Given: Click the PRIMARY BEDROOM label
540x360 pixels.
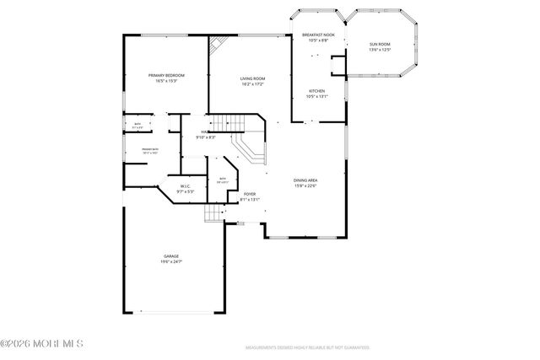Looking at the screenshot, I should pyautogui.click(x=166, y=75).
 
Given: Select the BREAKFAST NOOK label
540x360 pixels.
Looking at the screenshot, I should pyautogui.click(x=318, y=35).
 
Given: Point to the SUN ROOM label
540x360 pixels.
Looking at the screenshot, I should pyautogui.click(x=380, y=44).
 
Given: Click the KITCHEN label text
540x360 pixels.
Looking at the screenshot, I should pyautogui.click(x=317, y=90).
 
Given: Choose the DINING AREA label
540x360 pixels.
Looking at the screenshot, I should pyautogui.click(x=305, y=180).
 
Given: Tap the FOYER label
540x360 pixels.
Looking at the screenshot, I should pyautogui.click(x=250, y=194).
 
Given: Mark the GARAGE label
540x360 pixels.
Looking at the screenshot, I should pyautogui.click(x=171, y=256).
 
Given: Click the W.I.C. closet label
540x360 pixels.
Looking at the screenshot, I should pyautogui.click(x=184, y=186).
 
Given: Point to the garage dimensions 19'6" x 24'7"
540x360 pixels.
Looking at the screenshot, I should pyautogui.click(x=171, y=262).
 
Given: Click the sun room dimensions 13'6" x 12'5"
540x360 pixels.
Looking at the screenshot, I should pyautogui.click(x=380, y=50).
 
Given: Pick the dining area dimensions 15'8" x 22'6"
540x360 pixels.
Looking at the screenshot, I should pyautogui.click(x=305, y=186).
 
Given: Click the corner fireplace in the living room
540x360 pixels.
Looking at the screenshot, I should pyautogui.click(x=218, y=44).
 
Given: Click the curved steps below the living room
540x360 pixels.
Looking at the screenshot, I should pyautogui.click(x=251, y=152).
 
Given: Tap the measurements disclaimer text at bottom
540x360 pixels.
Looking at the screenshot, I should pyautogui.click(x=308, y=347).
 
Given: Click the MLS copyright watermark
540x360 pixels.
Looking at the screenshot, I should pyautogui.click(x=42, y=343).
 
